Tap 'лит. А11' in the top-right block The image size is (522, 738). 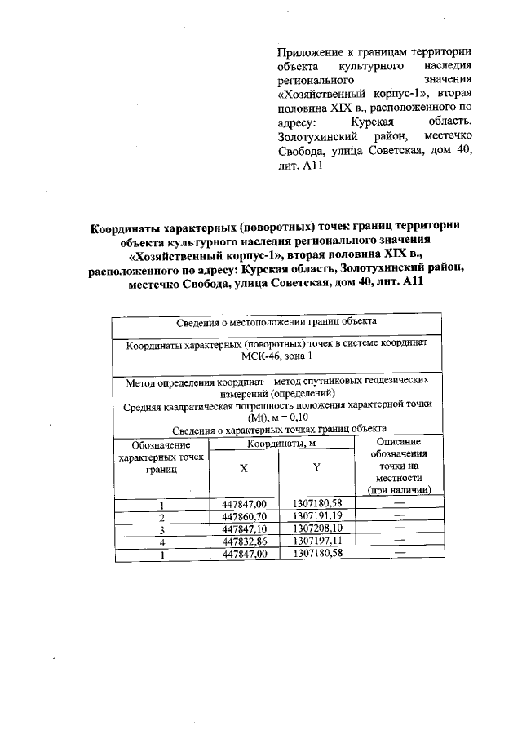[301, 189]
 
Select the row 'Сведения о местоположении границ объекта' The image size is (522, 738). [276, 323]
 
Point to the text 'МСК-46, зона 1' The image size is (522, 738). [276, 358]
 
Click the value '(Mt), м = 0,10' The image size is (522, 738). [276, 417]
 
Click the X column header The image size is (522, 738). [244, 468]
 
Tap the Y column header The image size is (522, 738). [316, 468]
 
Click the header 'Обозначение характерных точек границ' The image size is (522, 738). [161, 458]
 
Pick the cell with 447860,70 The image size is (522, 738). [244, 516]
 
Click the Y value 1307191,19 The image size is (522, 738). [316, 516]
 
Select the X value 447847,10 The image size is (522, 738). [244, 528]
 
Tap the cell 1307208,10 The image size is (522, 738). [316, 528]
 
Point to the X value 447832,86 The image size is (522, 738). [244, 541]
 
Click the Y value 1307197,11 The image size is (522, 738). [316, 541]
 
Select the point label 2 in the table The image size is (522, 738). [161, 517]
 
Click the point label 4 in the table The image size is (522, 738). [161, 541]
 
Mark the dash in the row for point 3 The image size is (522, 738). [399, 528]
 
